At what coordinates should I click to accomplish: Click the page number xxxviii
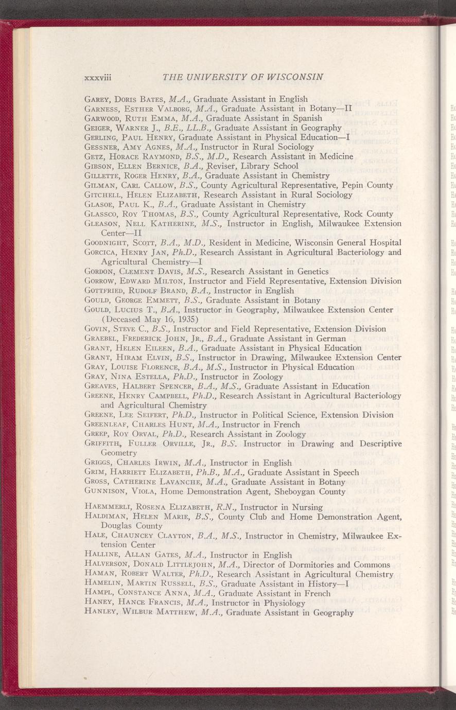[98, 78]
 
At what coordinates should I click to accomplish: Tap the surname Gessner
[101, 147]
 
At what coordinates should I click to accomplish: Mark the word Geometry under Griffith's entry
[119, 453]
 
